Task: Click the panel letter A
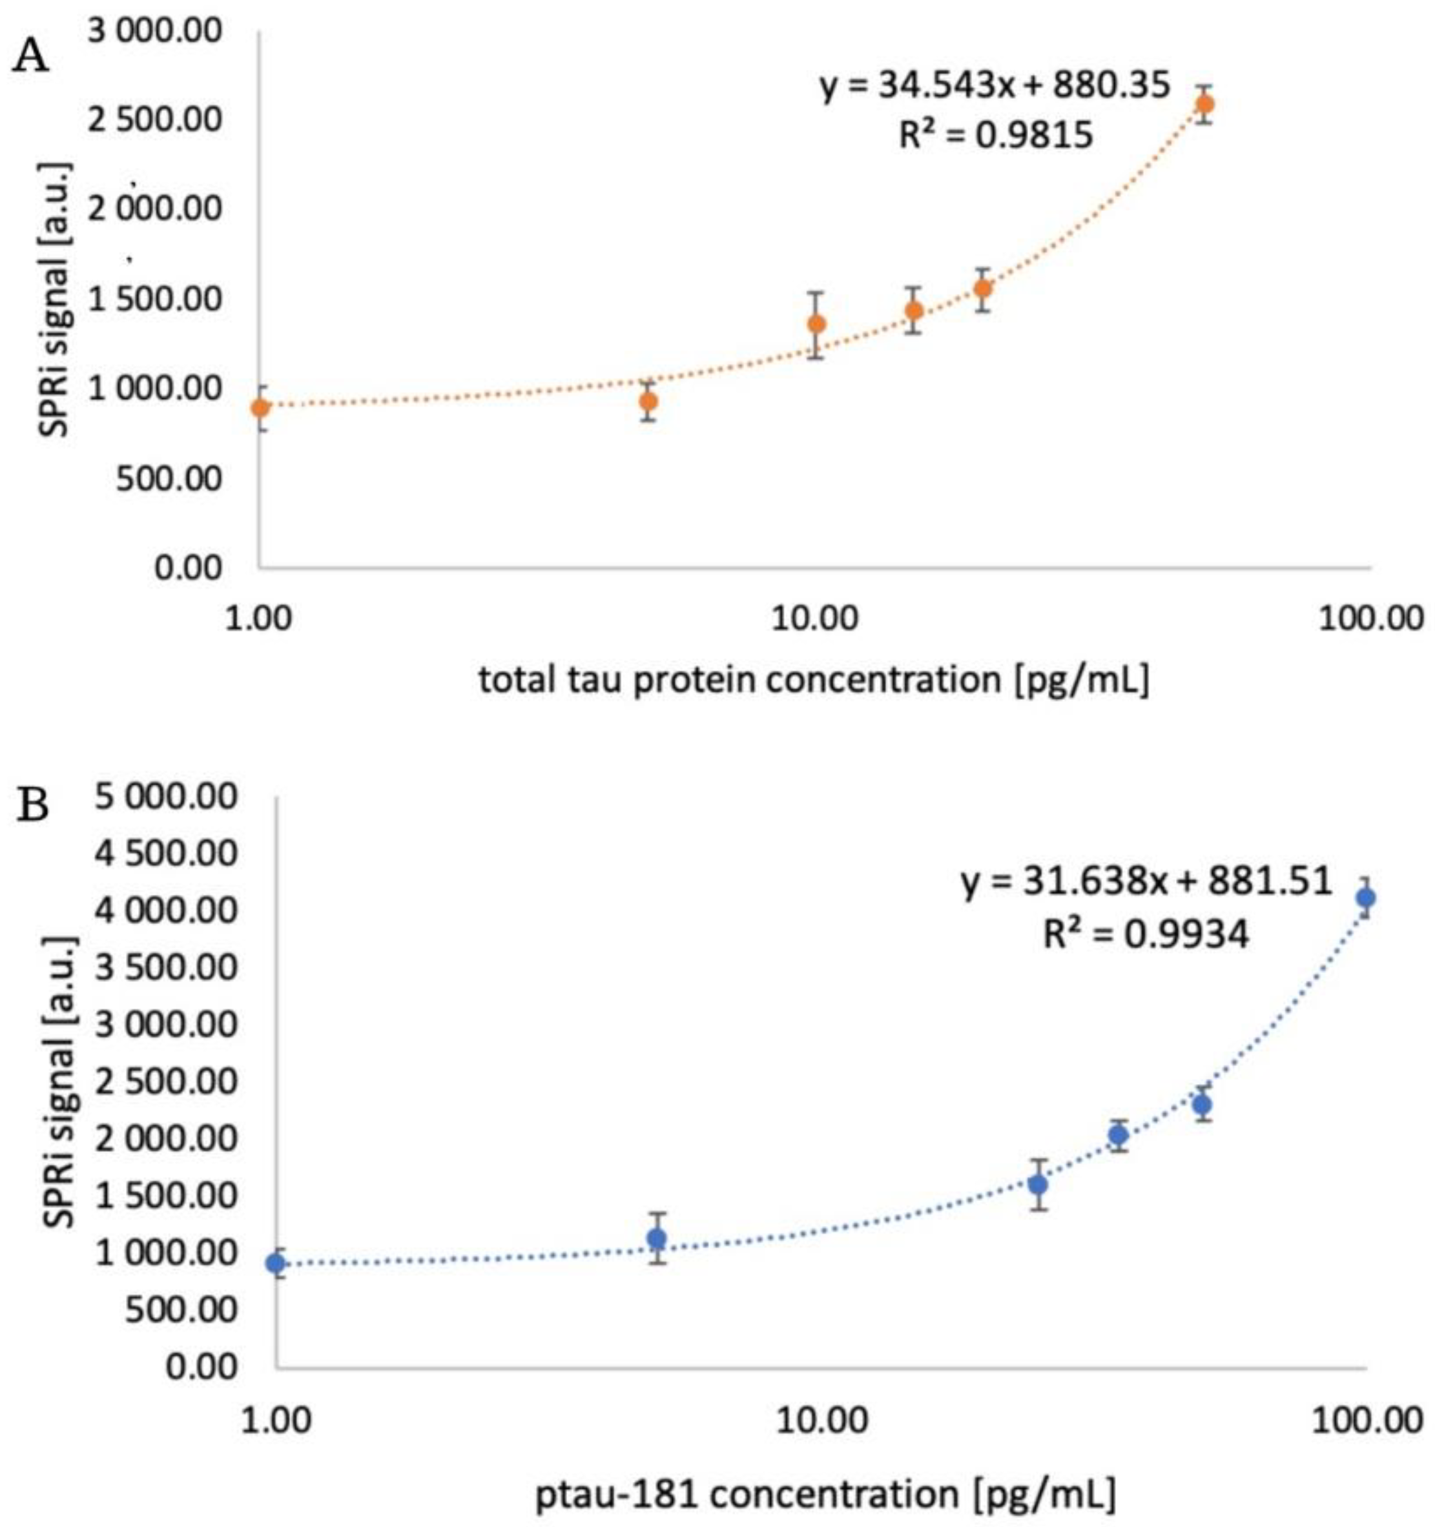[31, 57]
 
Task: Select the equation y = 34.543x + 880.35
[995, 85]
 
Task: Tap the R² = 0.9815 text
[996, 135]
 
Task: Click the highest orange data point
[1205, 104]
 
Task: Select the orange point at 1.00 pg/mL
[261, 407]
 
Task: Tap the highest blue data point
[1365, 897]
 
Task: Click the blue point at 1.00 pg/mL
[276, 1264]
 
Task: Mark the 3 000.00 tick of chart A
[154, 32]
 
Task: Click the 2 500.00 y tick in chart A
[154, 121]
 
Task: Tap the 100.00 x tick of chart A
[1370, 617]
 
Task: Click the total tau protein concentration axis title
[814, 680]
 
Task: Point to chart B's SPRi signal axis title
[57, 1082]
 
